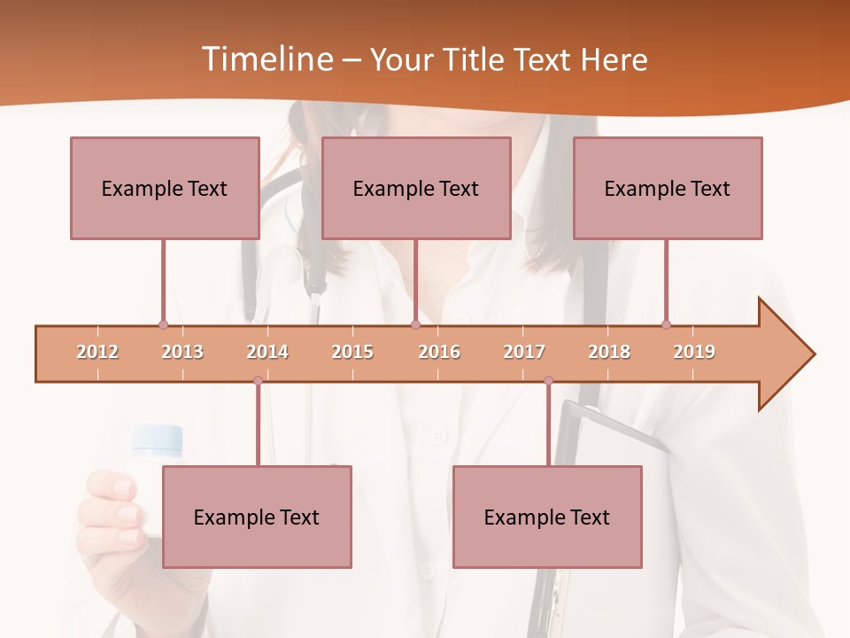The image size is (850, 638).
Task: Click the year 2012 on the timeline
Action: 97,352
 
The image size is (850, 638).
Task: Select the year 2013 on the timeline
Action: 182,352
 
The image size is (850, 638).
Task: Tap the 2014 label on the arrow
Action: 267,352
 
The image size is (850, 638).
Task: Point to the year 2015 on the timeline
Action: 352,352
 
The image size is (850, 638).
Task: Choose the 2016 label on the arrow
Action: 439,352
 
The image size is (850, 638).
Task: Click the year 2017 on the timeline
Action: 524,352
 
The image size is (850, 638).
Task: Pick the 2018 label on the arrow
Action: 609,352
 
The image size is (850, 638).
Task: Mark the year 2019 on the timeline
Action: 694,352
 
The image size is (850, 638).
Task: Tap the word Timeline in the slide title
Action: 265,59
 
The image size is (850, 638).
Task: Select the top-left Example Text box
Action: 165,188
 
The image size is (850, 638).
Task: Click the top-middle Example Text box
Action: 416,188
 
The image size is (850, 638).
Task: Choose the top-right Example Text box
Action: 668,188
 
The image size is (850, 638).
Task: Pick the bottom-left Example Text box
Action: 257,517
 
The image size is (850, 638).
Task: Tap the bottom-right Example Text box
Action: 547,517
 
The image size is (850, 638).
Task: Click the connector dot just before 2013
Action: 163,324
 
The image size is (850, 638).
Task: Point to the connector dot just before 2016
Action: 415,324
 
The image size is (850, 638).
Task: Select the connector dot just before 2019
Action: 666,324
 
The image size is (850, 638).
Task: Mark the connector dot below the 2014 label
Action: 258,380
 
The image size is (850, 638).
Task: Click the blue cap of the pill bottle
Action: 158,439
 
